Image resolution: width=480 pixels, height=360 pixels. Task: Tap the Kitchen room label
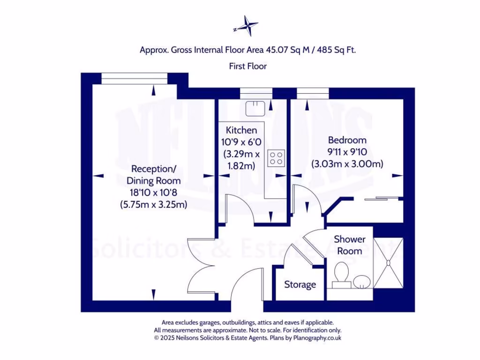click(241, 130)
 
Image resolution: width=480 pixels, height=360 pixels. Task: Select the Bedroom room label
click(347, 140)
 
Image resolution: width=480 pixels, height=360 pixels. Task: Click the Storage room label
click(300, 285)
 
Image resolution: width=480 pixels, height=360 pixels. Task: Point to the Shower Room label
click(349, 245)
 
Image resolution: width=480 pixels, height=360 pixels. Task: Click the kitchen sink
click(256, 108)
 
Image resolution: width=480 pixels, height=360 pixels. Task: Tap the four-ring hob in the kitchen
click(276, 158)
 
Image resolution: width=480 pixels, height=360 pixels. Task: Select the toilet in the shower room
click(341, 274)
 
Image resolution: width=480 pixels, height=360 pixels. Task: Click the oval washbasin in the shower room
click(361, 281)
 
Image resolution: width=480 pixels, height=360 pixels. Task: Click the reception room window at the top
click(134, 78)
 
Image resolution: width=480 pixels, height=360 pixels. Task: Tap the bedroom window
click(313, 93)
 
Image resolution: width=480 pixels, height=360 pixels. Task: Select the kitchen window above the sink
click(256, 93)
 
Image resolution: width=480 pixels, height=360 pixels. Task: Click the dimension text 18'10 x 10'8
click(154, 192)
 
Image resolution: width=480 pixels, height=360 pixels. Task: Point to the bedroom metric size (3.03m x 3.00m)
click(347, 164)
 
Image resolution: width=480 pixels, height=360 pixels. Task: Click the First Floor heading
click(247, 66)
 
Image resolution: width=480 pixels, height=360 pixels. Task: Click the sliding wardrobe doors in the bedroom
click(382, 199)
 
